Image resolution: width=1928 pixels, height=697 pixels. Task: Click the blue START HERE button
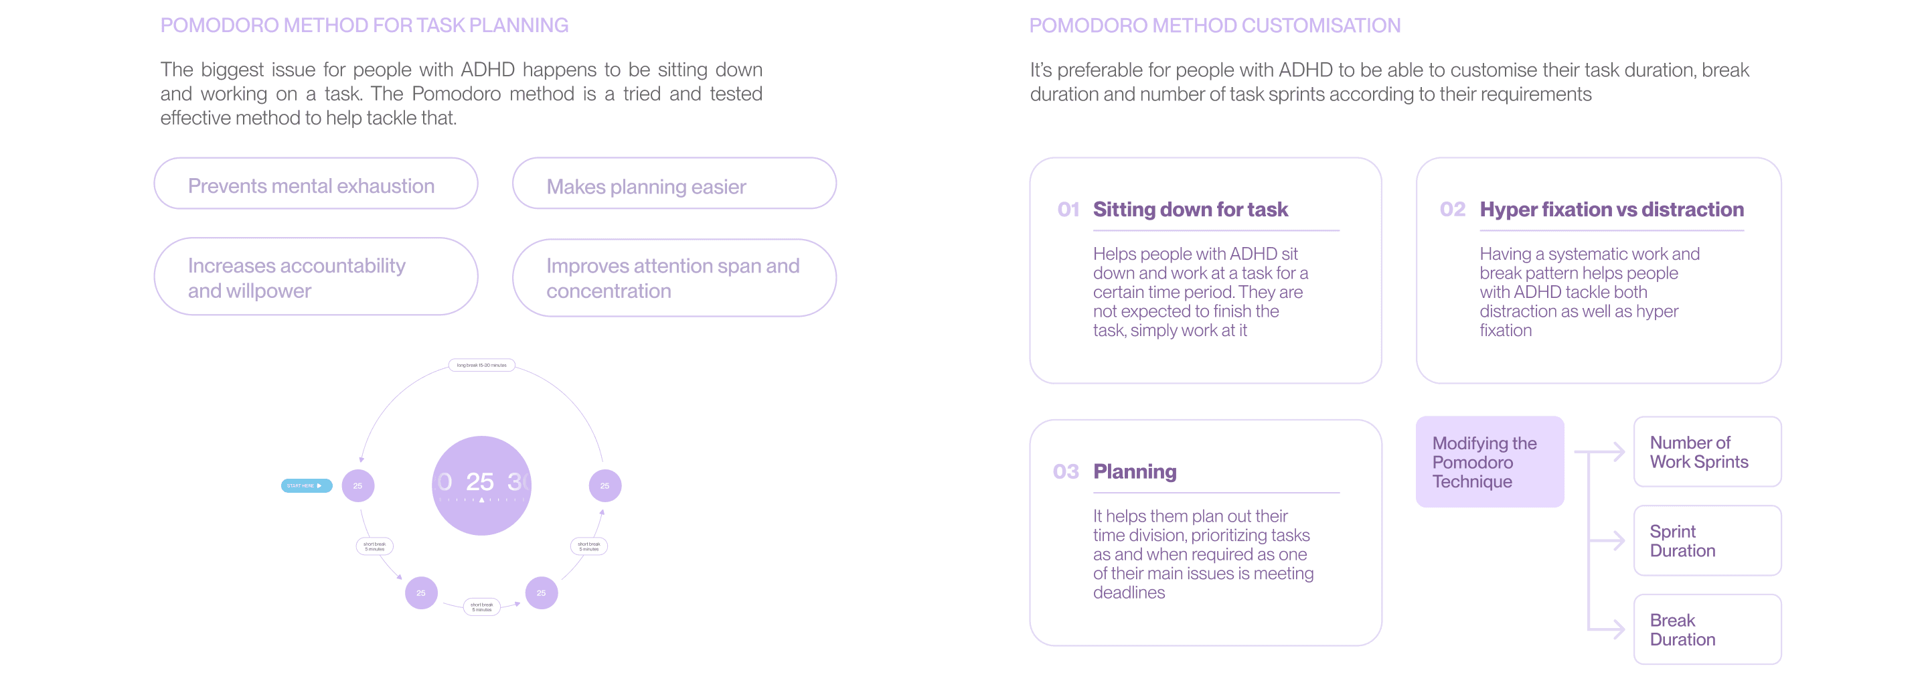click(305, 486)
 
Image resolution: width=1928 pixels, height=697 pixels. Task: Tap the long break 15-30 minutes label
click(481, 366)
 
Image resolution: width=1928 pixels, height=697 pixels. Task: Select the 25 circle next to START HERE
click(357, 486)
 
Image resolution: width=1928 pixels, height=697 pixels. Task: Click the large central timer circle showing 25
click(481, 485)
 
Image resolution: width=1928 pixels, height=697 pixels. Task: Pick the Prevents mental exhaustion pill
click(315, 184)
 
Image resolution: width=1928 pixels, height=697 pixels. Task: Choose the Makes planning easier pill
click(673, 184)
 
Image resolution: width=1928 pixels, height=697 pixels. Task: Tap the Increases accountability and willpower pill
click(315, 277)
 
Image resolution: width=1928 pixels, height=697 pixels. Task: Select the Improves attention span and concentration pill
click(673, 278)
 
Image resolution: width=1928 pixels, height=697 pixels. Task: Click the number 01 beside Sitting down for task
click(1068, 210)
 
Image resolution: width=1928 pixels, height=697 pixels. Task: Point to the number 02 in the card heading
click(1452, 210)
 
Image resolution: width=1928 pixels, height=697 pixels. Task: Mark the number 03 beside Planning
click(1065, 471)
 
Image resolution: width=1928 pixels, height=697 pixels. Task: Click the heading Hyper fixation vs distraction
click(1611, 210)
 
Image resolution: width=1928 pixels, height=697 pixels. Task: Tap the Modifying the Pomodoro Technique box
click(1489, 462)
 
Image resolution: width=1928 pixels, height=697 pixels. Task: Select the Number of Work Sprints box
click(1706, 452)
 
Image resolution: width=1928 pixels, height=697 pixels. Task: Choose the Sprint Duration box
click(1706, 540)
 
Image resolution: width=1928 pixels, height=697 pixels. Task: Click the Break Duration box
click(1706, 629)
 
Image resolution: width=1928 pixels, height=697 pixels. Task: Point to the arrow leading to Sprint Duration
click(1607, 540)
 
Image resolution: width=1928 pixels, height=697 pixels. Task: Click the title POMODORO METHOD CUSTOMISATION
click(1214, 25)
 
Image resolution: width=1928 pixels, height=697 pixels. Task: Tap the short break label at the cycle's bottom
click(481, 607)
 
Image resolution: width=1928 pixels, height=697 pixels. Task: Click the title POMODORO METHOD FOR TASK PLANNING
click(364, 25)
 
